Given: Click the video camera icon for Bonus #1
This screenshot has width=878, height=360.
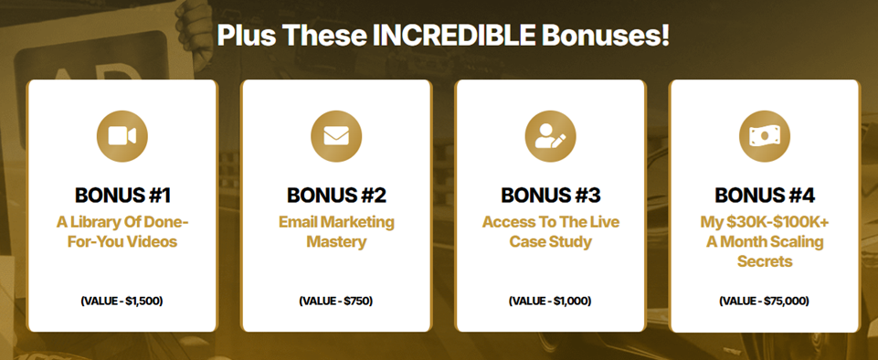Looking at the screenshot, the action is click(122, 136).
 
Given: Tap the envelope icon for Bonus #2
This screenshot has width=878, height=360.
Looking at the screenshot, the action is click(336, 136).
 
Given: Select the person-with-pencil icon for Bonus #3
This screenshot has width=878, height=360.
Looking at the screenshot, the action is click(550, 136).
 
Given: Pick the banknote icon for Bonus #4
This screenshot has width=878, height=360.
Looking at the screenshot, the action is click(765, 136).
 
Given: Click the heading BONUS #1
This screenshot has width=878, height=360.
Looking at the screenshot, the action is click(122, 196).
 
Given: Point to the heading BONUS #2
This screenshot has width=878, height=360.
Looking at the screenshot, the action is click(336, 196).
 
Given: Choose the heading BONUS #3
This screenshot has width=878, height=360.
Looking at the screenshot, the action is click(550, 196).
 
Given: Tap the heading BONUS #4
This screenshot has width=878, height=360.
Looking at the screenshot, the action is click(765, 196).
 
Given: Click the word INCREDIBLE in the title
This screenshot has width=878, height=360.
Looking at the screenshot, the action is click(453, 36).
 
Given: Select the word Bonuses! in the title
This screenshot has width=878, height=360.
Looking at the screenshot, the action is click(606, 36).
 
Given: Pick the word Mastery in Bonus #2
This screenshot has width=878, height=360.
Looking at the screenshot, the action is click(336, 242).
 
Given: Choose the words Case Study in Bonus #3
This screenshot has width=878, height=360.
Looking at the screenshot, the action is click(550, 242).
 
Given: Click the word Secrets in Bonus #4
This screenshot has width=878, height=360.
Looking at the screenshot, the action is click(765, 261).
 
